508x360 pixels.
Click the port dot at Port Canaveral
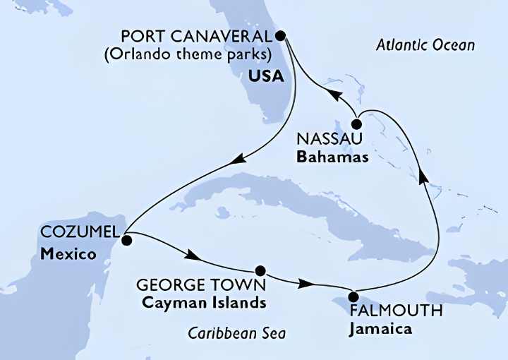[280, 35]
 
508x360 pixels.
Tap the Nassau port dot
[357, 125]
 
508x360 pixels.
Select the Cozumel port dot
[126, 240]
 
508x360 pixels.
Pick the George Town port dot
[260, 270]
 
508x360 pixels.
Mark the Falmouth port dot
[353, 296]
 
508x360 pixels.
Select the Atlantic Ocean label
[425, 45]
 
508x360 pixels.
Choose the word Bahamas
[332, 157]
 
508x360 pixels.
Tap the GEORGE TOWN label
[201, 287]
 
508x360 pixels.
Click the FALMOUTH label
[386, 311]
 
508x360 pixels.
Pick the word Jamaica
[379, 328]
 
